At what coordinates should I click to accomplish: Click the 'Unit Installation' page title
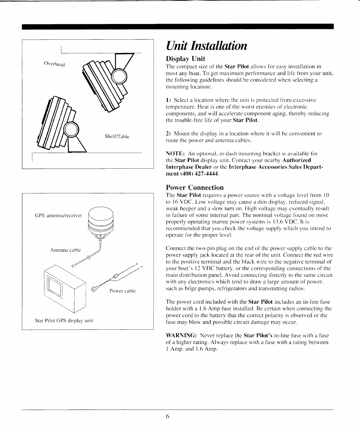207,45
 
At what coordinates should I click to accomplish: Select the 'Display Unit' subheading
186,59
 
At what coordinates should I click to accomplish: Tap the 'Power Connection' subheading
195,187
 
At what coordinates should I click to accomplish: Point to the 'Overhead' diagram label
54,63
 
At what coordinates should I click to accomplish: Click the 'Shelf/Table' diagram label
117,136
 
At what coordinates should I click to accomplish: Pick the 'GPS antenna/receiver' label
58,215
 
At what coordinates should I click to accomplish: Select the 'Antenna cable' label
65,250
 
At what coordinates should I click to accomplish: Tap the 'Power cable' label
123,291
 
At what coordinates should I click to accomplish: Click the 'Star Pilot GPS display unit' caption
64,321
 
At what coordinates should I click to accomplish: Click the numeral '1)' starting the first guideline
168,100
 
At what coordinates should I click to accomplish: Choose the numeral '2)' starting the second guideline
168,134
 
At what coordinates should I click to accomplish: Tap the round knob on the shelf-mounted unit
71,130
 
